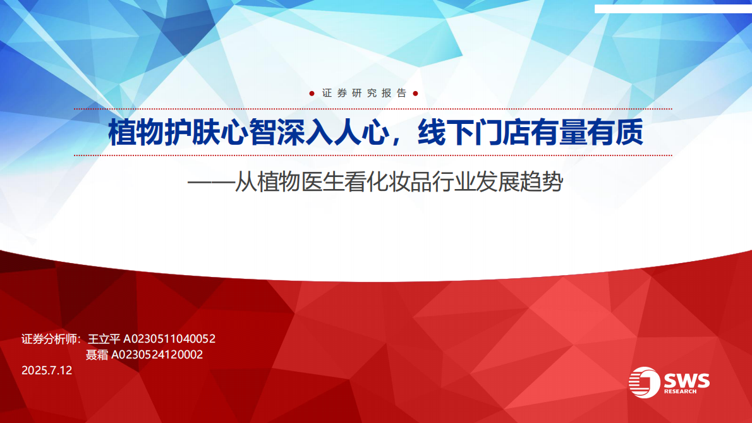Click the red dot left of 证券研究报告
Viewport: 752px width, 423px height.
(312, 94)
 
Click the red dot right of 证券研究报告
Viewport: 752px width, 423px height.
(415, 94)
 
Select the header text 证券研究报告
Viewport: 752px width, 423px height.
(364, 93)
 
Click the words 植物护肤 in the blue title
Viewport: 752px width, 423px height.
(164, 132)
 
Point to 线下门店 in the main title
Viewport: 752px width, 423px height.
(473, 132)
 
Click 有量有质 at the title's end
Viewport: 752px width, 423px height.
(586, 132)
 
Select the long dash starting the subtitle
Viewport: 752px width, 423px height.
(210, 183)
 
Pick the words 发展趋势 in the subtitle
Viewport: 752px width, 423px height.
(519, 182)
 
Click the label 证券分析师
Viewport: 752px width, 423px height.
(49, 339)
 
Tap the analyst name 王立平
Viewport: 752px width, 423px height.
(104, 339)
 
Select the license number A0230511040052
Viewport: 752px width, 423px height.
(169, 339)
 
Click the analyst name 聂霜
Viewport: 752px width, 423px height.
(97, 355)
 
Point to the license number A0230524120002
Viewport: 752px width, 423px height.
(157, 355)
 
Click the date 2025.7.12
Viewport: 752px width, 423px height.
(47, 371)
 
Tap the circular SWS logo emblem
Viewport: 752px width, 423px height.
(644, 383)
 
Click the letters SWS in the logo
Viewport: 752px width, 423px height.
(687, 381)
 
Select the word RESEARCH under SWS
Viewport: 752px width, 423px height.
(680, 391)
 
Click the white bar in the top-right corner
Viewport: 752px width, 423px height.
(674, 9)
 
